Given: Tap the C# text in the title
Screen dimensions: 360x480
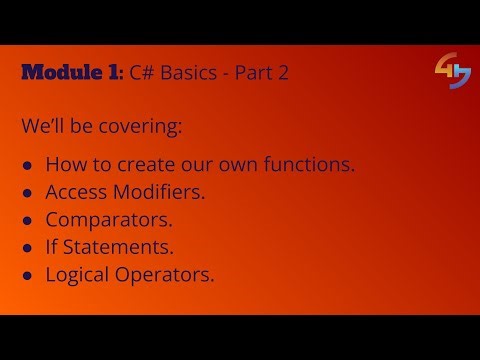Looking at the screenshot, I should point(144,74).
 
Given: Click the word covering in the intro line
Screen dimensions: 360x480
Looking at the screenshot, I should point(151,128).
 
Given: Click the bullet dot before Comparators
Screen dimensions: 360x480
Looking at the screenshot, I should point(28,220).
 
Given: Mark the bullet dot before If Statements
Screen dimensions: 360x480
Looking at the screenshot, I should point(28,247).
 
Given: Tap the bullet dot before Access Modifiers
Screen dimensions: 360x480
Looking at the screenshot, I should point(28,193).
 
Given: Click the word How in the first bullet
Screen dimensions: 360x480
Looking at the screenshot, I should point(65,164).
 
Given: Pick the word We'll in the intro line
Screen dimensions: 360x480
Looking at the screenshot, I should point(43,128).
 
